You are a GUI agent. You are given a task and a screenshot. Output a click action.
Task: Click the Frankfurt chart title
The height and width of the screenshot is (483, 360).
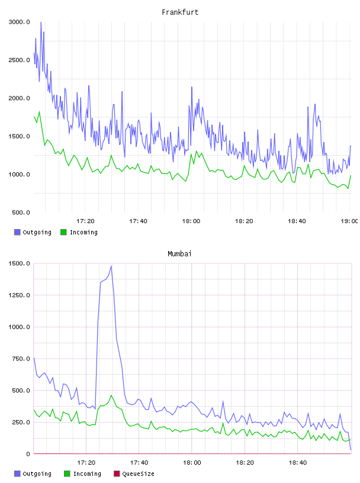tap(180, 12)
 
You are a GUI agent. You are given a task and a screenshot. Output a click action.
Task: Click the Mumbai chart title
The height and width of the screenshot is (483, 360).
tap(179, 254)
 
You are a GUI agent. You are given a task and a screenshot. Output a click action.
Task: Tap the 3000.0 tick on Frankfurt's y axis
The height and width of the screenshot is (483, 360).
tap(19, 22)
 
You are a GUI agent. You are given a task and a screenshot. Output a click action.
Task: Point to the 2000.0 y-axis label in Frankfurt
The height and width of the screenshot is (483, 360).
tap(19, 98)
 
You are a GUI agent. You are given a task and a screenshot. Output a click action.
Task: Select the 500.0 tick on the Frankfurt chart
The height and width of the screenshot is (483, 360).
tap(21, 212)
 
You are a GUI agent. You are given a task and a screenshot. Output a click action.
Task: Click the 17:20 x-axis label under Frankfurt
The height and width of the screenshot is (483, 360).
tap(85, 221)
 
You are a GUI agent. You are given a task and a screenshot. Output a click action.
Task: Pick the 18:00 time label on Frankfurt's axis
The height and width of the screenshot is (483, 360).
tap(191, 221)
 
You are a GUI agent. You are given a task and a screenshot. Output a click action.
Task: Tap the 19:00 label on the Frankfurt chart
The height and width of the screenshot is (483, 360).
tap(349, 221)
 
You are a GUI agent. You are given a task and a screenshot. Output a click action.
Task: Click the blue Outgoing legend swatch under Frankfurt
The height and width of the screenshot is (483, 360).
tap(17, 232)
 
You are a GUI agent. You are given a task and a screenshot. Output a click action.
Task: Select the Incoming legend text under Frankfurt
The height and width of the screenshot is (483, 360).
tap(83, 232)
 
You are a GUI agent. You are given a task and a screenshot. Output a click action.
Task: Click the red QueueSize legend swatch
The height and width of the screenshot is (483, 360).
tap(117, 474)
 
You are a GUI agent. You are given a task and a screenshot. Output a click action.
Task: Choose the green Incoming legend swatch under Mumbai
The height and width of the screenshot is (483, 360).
tap(67, 474)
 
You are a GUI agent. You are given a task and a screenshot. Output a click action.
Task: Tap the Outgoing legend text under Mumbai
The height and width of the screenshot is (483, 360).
tap(37, 474)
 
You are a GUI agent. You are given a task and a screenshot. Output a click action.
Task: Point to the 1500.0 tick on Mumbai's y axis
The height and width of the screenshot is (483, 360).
tap(19, 263)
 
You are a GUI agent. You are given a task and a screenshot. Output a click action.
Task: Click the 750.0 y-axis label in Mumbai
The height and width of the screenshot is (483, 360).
tap(21, 359)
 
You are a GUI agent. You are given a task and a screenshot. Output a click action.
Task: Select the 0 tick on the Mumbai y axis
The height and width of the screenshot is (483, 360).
tap(28, 454)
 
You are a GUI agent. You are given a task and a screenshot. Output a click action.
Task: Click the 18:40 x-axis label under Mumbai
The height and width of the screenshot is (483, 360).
tap(298, 463)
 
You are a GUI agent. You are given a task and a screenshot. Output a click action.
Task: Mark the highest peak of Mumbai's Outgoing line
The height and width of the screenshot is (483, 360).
tap(111, 266)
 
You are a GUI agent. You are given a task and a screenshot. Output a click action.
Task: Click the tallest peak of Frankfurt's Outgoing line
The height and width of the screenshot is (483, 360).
tap(41, 22)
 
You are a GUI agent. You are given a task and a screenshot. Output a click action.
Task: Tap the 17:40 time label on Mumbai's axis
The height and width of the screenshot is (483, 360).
tap(139, 463)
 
